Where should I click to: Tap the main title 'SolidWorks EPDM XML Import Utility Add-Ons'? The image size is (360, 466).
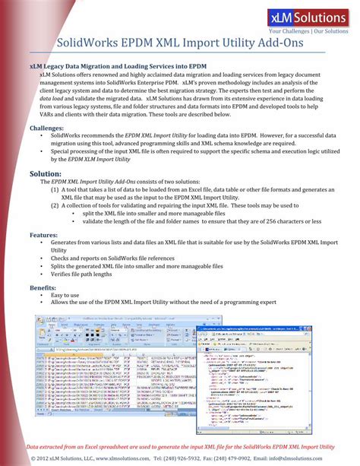click(x=180, y=43)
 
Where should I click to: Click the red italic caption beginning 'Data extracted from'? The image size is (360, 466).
click(x=180, y=446)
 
